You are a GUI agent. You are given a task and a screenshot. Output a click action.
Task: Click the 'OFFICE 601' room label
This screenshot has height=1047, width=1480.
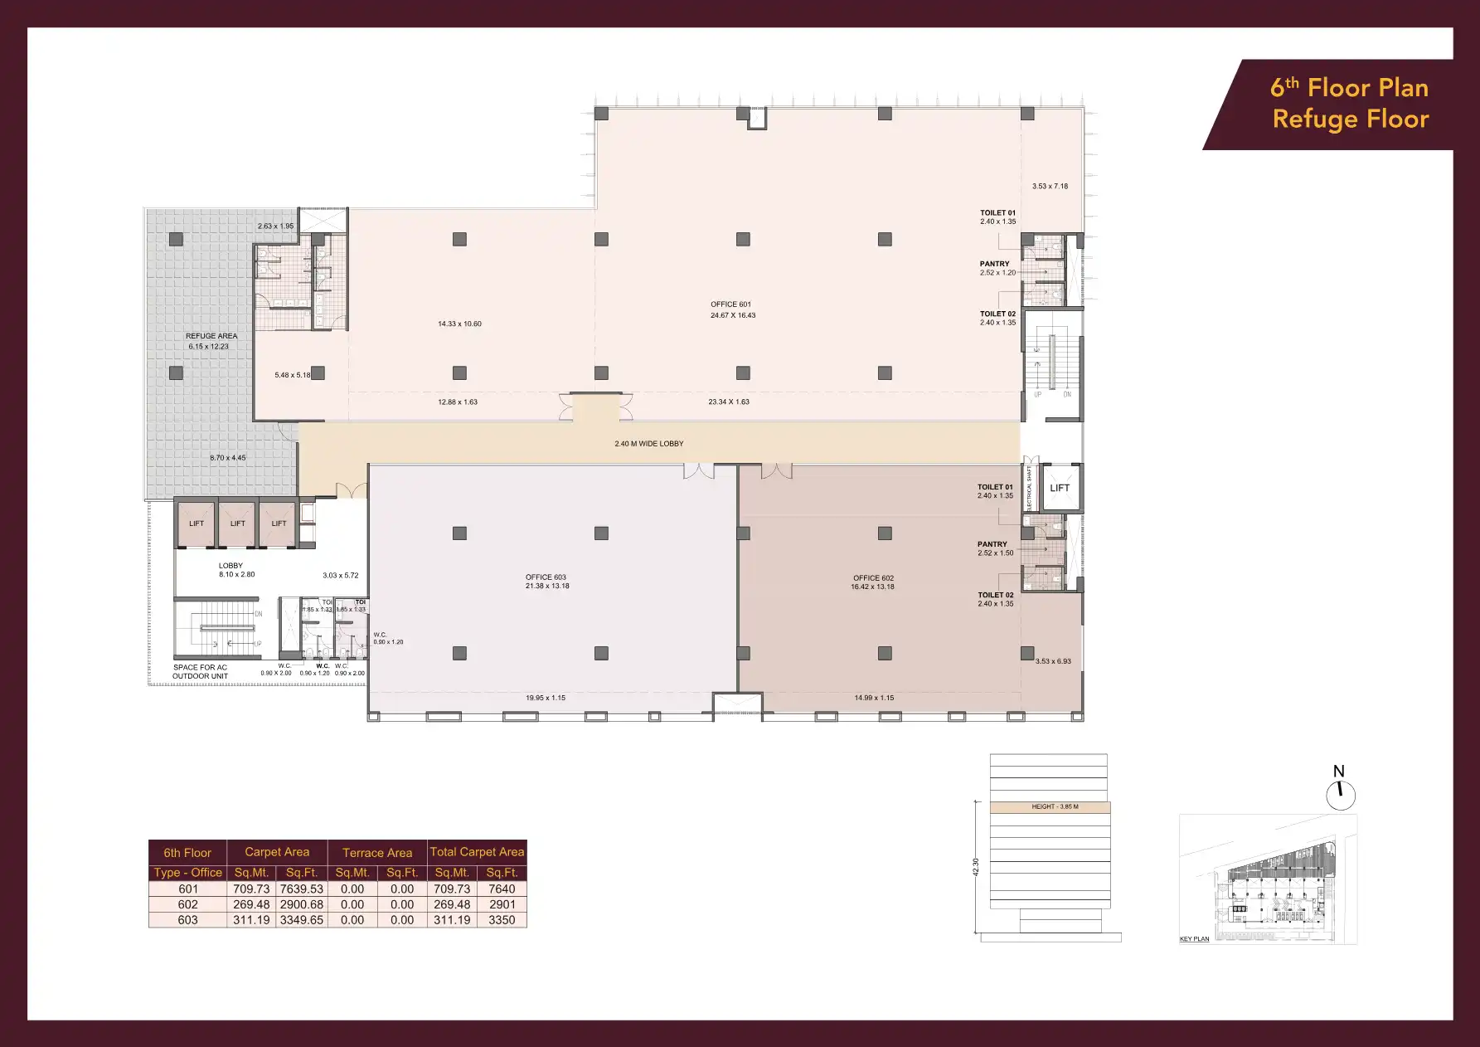(730, 304)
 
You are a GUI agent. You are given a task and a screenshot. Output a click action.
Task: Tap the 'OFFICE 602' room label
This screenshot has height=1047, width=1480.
(873, 578)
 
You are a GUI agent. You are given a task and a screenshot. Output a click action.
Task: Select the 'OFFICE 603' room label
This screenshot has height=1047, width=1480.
(546, 577)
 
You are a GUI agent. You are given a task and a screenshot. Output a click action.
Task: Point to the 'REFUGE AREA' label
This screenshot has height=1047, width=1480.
(211, 336)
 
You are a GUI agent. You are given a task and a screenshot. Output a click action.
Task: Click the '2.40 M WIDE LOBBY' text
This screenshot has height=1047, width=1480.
(649, 444)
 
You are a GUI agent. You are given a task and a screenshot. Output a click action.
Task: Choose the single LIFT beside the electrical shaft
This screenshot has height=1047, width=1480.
(1060, 488)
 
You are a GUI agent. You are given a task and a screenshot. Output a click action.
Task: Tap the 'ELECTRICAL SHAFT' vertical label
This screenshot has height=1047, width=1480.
(1030, 488)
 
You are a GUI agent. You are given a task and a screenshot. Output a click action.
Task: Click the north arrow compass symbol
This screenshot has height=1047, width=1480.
(1340, 795)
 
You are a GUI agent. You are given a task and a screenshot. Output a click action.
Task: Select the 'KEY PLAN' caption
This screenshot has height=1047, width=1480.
(1194, 939)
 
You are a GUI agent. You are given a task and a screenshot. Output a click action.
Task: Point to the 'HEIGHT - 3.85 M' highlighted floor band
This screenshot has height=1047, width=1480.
(1050, 806)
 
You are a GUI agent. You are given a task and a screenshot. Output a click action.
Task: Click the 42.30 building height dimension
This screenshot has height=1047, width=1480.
(976, 867)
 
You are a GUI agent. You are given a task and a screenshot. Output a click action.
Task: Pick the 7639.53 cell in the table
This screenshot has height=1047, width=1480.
(301, 889)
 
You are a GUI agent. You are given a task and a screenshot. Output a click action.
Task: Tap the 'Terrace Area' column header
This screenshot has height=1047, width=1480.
(377, 853)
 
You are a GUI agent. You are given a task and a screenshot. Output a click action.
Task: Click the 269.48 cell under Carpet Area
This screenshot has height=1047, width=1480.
(251, 904)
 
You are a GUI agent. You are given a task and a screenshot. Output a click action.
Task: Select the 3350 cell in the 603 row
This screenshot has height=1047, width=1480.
(502, 920)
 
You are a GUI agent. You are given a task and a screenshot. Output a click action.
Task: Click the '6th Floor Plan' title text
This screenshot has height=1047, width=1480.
(1349, 88)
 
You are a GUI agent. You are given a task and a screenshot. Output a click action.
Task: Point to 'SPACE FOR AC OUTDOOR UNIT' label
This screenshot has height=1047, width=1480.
(200, 671)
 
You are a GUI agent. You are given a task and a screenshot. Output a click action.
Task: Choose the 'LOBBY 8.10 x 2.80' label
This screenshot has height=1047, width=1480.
(231, 570)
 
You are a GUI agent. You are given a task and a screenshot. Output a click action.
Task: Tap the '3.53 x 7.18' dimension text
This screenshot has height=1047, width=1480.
(1050, 187)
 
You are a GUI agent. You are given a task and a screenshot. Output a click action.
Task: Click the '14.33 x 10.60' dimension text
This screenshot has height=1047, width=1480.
(459, 324)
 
